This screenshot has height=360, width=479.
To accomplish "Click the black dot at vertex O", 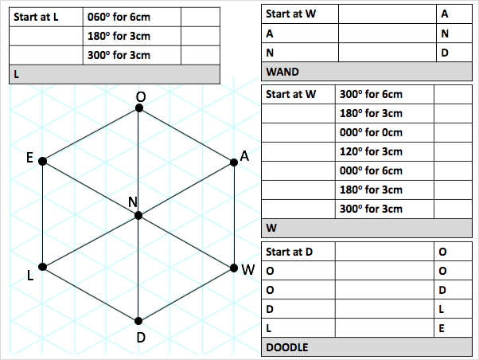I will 140,109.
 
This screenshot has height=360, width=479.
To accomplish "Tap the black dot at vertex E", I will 42,161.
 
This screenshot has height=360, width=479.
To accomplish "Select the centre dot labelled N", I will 138,215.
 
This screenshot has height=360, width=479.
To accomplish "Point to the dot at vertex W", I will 234,267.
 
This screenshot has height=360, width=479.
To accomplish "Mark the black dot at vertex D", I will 139,321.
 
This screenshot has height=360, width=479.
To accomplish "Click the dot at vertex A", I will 234,162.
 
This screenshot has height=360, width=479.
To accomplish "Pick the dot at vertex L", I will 42,267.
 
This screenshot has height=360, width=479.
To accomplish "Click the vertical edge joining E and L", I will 42,213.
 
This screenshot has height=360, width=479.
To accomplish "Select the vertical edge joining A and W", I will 235,215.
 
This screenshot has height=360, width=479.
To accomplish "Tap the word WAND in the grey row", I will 282,72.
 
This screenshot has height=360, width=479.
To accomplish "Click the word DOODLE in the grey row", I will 287,347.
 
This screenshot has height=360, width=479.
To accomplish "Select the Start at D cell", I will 289,252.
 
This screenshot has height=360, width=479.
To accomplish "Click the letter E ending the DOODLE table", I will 443,328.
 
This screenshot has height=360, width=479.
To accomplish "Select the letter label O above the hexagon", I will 140,96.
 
